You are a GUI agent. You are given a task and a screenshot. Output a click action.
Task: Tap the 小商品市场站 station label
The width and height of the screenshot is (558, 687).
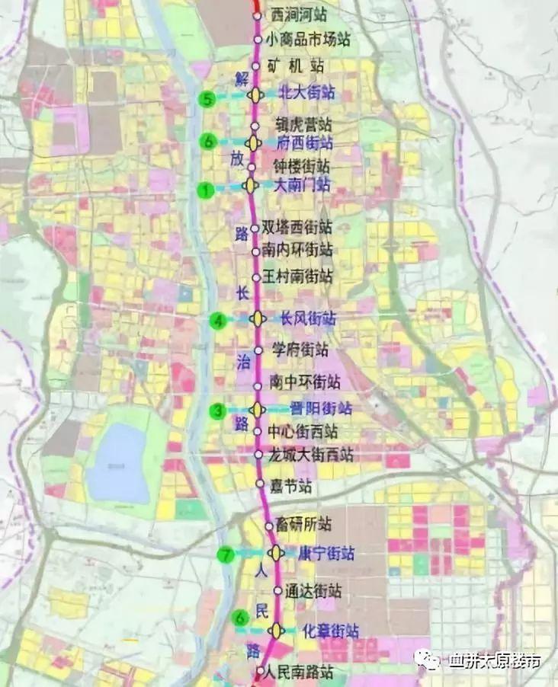coord(303,39)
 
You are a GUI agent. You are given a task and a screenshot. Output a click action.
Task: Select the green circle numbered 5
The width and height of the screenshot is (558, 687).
coord(206,99)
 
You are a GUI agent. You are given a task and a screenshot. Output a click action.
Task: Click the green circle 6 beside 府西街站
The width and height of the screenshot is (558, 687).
coord(207,142)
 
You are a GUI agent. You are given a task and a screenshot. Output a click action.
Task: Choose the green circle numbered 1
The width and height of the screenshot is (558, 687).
coord(204,190)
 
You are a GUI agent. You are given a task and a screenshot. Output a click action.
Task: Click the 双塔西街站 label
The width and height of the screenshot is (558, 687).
coord(297,227)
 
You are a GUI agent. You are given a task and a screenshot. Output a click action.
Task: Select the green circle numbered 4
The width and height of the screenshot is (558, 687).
coord(220,321)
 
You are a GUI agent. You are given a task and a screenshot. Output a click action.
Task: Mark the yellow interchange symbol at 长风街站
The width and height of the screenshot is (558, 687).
coord(259,319)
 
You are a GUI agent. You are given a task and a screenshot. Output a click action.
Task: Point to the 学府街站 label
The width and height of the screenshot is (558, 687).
coord(300,350)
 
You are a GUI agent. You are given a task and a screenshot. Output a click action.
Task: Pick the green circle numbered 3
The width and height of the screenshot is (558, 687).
coord(219,411)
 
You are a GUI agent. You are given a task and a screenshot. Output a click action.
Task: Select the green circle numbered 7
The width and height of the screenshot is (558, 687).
coord(225,554)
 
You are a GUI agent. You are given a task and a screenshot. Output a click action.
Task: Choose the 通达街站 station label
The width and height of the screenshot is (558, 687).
coord(313,590)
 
